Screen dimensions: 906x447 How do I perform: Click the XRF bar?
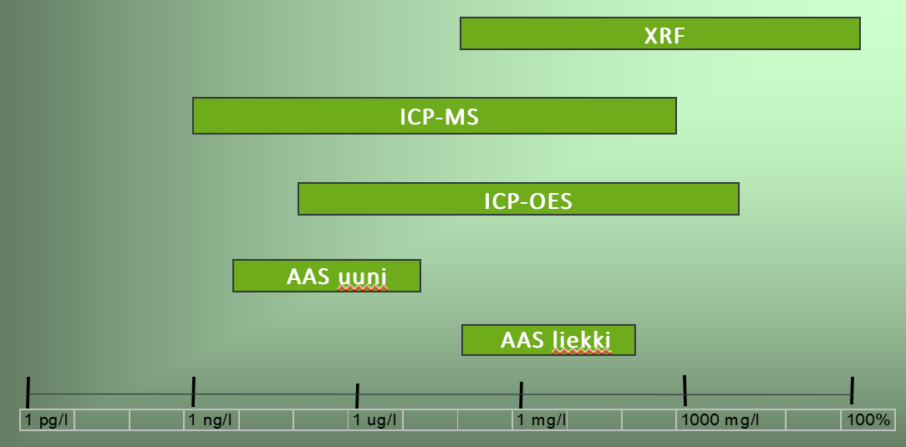pyautogui.click(x=659, y=33)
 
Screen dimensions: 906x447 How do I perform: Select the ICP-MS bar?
pyautogui.click(x=435, y=115)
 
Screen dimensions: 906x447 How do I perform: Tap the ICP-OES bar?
pyautogui.click(x=518, y=199)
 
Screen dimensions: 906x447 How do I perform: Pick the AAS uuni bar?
pyautogui.click(x=327, y=276)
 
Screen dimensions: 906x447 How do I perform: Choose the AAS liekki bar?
pyautogui.click(x=548, y=339)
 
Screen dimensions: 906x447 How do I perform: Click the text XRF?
pyautogui.click(x=664, y=37)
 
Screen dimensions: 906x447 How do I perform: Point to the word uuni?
pyautogui.click(x=362, y=277)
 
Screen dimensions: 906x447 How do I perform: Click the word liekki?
pyautogui.click(x=581, y=341)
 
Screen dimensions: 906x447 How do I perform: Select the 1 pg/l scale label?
pyautogui.click(x=46, y=420)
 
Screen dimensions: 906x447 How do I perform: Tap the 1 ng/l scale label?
pyautogui.click(x=210, y=420)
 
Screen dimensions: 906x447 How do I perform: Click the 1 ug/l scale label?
pyautogui.click(x=374, y=420)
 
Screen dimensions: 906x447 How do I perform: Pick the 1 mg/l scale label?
pyautogui.click(x=541, y=420)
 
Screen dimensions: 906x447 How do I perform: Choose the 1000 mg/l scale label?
pyautogui.click(x=720, y=420)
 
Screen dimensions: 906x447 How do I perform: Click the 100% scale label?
pyautogui.click(x=868, y=420)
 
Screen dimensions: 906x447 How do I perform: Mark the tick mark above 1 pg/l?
pyautogui.click(x=28, y=392)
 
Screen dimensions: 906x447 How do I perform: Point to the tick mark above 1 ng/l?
pyautogui.click(x=193, y=392)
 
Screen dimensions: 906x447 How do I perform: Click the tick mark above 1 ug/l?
pyautogui.click(x=357, y=395)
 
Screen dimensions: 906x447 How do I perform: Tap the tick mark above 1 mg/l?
pyautogui.click(x=522, y=394)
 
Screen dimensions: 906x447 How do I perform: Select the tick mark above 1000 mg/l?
pyautogui.click(x=685, y=390)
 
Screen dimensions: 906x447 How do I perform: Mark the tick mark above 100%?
pyautogui.click(x=852, y=391)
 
